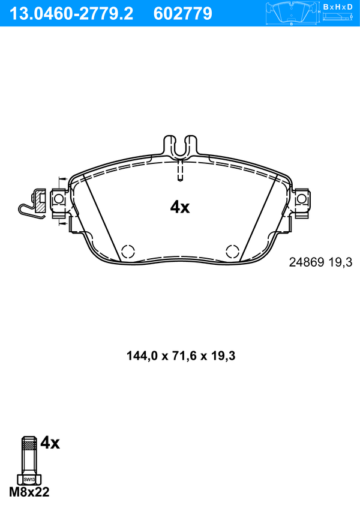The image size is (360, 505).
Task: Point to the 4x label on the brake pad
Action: (x=179, y=207)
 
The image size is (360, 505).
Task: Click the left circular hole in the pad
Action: (x=127, y=251)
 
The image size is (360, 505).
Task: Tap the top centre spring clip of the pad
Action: (x=179, y=148)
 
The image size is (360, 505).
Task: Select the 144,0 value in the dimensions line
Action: (x=139, y=354)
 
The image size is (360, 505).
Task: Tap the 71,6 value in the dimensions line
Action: (x=183, y=354)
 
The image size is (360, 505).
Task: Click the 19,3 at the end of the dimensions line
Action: (x=224, y=354)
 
